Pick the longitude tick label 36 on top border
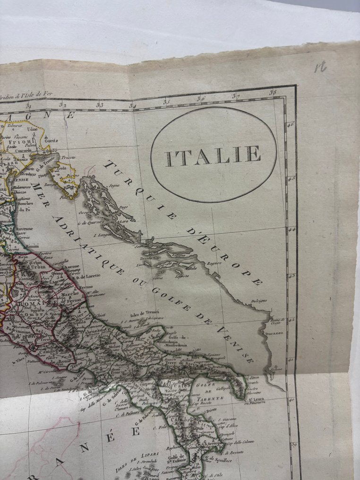201,99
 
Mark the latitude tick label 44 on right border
291,230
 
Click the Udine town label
32,129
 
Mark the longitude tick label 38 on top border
273,93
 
